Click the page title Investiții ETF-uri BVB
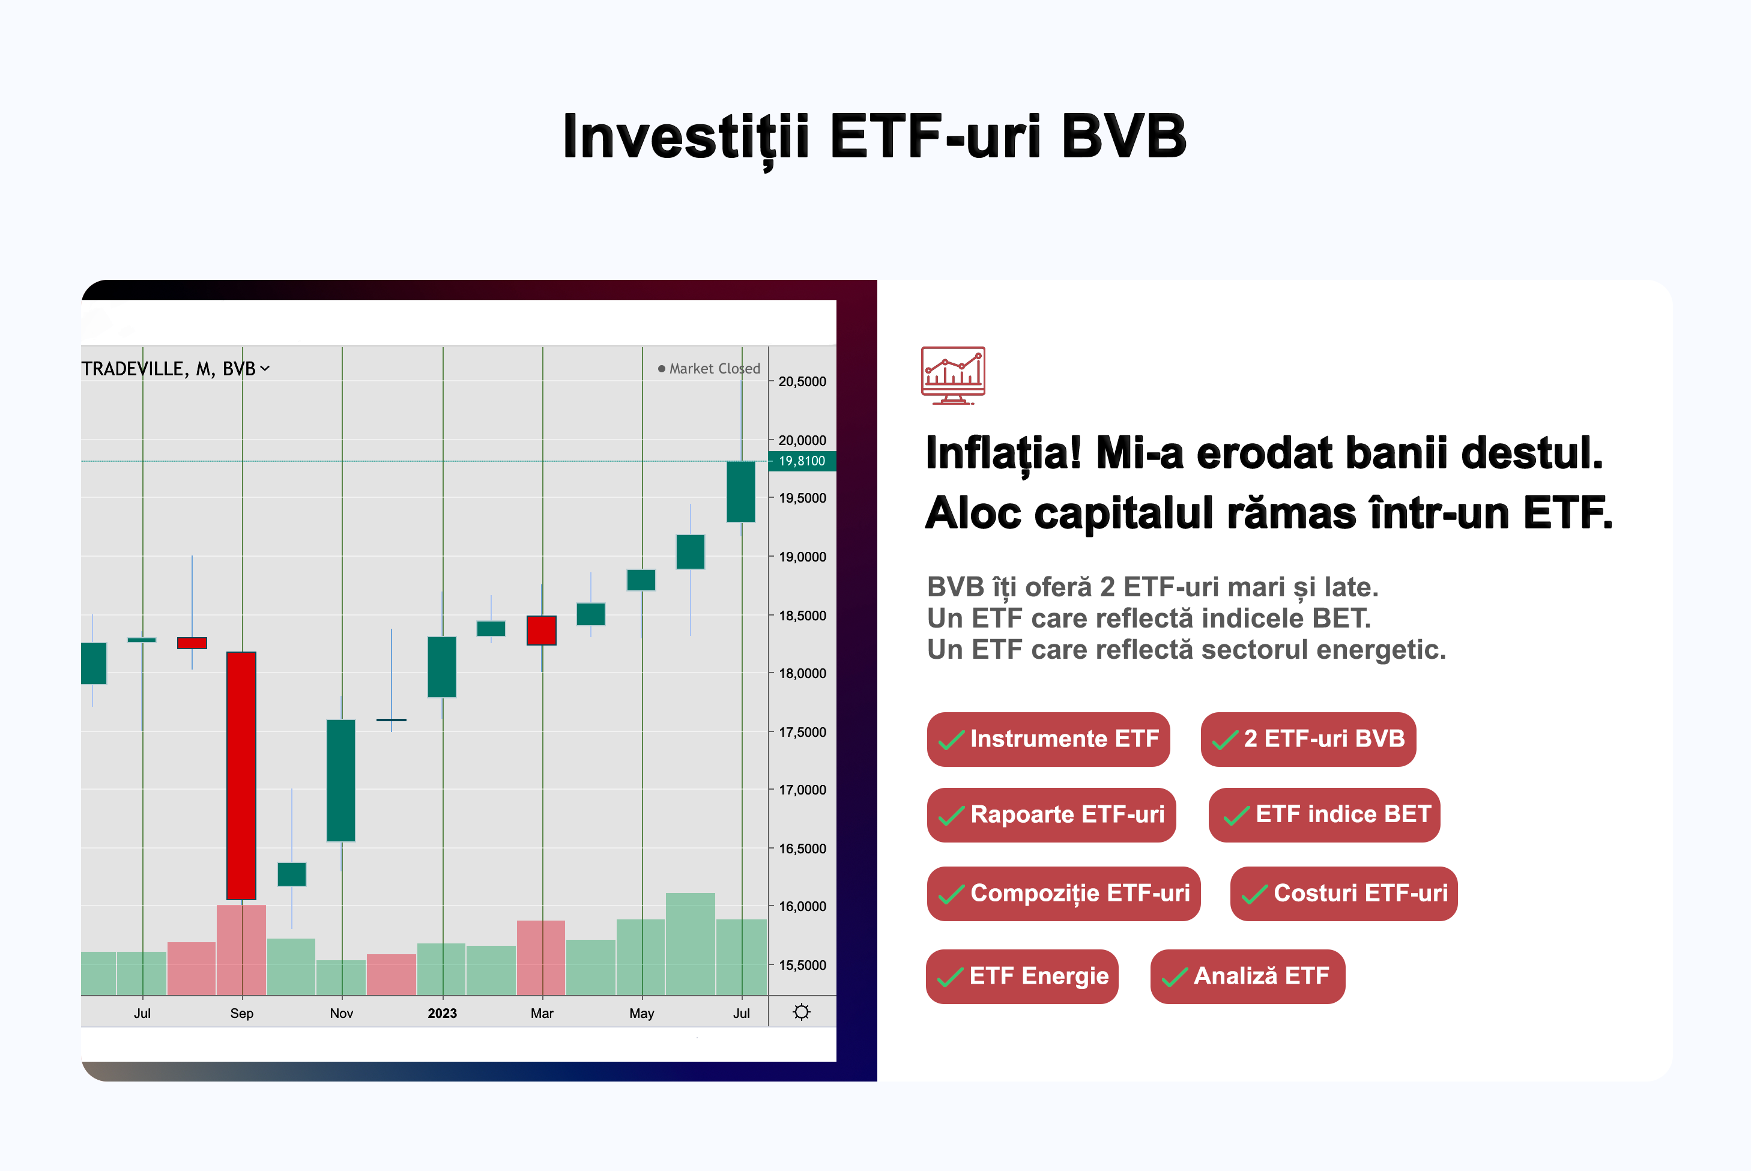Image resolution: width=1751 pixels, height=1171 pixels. click(x=874, y=138)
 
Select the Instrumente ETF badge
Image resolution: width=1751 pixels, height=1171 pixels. click(x=1048, y=739)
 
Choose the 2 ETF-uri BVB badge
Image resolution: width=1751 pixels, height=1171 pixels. click(x=1308, y=739)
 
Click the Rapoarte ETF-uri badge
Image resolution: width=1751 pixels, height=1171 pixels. click(x=1051, y=815)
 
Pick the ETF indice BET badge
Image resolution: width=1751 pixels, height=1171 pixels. click(x=1325, y=815)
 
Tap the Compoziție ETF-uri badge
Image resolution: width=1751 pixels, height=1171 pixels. click(x=1064, y=894)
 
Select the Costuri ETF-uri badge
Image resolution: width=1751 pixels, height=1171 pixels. click(x=1344, y=894)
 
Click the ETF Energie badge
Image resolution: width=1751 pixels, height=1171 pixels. click(x=1022, y=977)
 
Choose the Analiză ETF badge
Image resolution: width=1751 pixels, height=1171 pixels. click(x=1248, y=977)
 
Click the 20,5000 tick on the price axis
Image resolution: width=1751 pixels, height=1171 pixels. click(x=803, y=381)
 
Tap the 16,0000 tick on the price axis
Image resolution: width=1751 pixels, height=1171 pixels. click(x=803, y=907)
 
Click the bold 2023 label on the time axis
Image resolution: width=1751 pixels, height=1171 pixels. click(x=442, y=1014)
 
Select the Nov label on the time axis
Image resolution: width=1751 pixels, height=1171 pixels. click(x=341, y=1014)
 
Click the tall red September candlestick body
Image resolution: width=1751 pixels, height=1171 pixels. click(x=242, y=776)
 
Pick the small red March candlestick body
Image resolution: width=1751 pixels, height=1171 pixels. click(x=542, y=631)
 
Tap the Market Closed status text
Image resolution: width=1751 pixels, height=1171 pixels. click(x=715, y=369)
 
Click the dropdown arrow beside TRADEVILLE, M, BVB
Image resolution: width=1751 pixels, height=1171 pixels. click(x=265, y=369)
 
